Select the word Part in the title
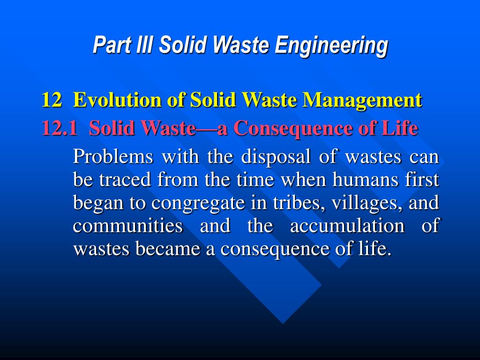click(x=111, y=45)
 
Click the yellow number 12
click(x=51, y=100)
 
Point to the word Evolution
click(x=109, y=100)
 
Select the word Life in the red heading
click(x=401, y=127)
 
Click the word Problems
click(x=113, y=157)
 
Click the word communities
click(x=128, y=226)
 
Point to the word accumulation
click(x=347, y=226)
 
